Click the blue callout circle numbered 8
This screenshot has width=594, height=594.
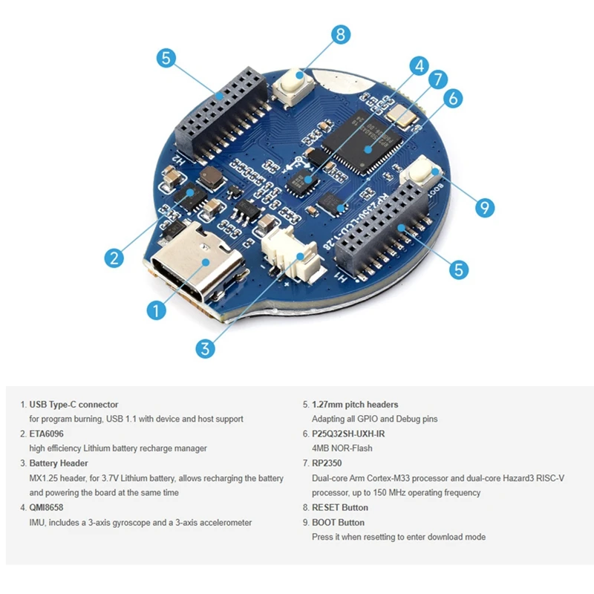(x=340, y=34)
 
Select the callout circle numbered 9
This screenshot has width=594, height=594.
(x=484, y=207)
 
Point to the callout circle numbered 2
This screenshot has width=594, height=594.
(x=113, y=258)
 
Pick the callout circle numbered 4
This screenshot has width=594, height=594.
(x=420, y=65)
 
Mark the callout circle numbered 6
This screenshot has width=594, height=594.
(x=454, y=97)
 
